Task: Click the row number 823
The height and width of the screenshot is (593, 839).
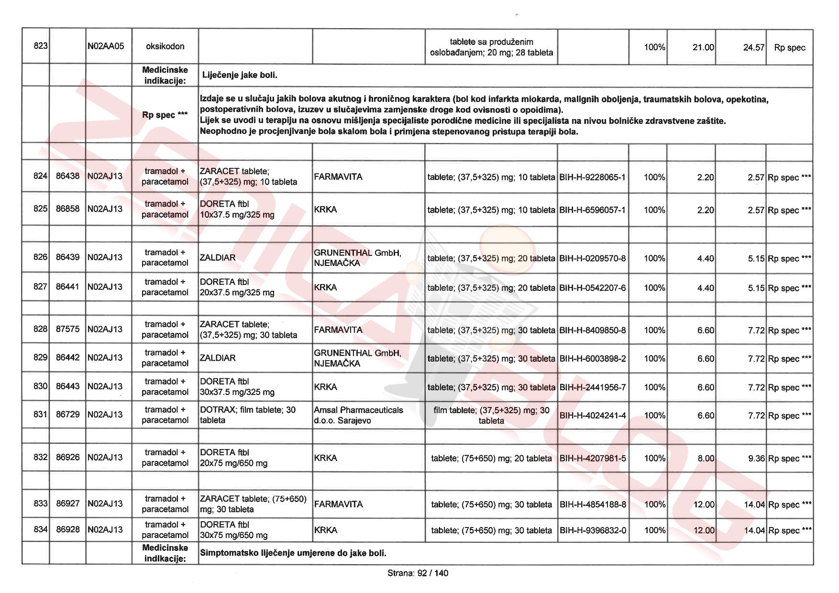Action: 41,46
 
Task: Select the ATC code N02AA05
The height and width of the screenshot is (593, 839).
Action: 106,46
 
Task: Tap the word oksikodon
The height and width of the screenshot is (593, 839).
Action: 165,46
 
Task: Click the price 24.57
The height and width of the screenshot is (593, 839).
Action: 753,47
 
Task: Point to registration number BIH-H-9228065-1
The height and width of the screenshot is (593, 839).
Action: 592,177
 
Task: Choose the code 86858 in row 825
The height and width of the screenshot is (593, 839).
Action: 67,209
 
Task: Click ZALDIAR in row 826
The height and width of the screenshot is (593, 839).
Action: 218,258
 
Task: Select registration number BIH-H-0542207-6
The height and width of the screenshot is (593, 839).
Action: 592,288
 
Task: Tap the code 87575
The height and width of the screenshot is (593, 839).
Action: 67,329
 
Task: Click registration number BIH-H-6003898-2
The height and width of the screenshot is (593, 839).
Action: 592,359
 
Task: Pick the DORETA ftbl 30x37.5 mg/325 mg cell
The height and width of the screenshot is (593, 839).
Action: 237,387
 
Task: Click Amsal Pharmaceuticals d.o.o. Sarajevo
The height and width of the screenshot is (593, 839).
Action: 358,415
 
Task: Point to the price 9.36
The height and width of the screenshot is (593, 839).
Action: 756,459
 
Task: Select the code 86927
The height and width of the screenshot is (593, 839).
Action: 67,504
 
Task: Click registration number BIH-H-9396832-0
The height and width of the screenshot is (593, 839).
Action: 592,530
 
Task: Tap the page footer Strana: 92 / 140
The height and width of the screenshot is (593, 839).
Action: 418,573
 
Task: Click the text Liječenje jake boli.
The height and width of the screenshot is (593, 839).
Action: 240,75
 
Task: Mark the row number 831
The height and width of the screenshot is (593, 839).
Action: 41,415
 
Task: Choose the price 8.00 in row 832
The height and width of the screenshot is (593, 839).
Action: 706,458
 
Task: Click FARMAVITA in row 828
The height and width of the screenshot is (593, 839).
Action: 338,330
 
